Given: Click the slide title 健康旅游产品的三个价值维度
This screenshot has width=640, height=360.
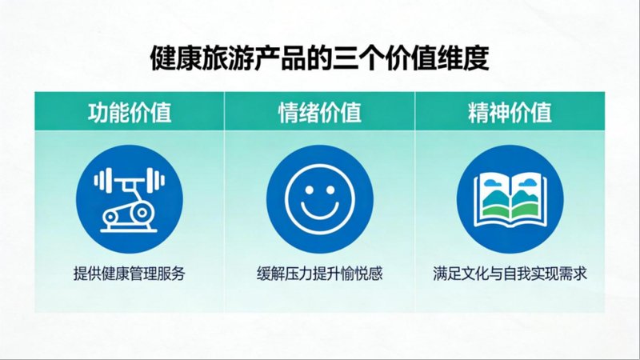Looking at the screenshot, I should coord(319,59).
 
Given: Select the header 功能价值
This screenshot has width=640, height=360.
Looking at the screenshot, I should coord(129,112).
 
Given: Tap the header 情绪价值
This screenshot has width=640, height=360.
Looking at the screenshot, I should coord(319,112).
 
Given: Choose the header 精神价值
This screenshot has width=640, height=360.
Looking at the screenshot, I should coord(510,112).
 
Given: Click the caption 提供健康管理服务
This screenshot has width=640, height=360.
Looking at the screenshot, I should coord(129,274).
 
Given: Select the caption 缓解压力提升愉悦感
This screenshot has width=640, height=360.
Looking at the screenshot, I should coord(319,274).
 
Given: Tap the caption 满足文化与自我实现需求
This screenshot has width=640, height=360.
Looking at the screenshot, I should coord(510,274).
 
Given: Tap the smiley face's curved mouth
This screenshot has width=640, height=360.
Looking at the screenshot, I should coord(319,212).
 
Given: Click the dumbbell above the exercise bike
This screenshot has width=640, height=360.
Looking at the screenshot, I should coord(129,178).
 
